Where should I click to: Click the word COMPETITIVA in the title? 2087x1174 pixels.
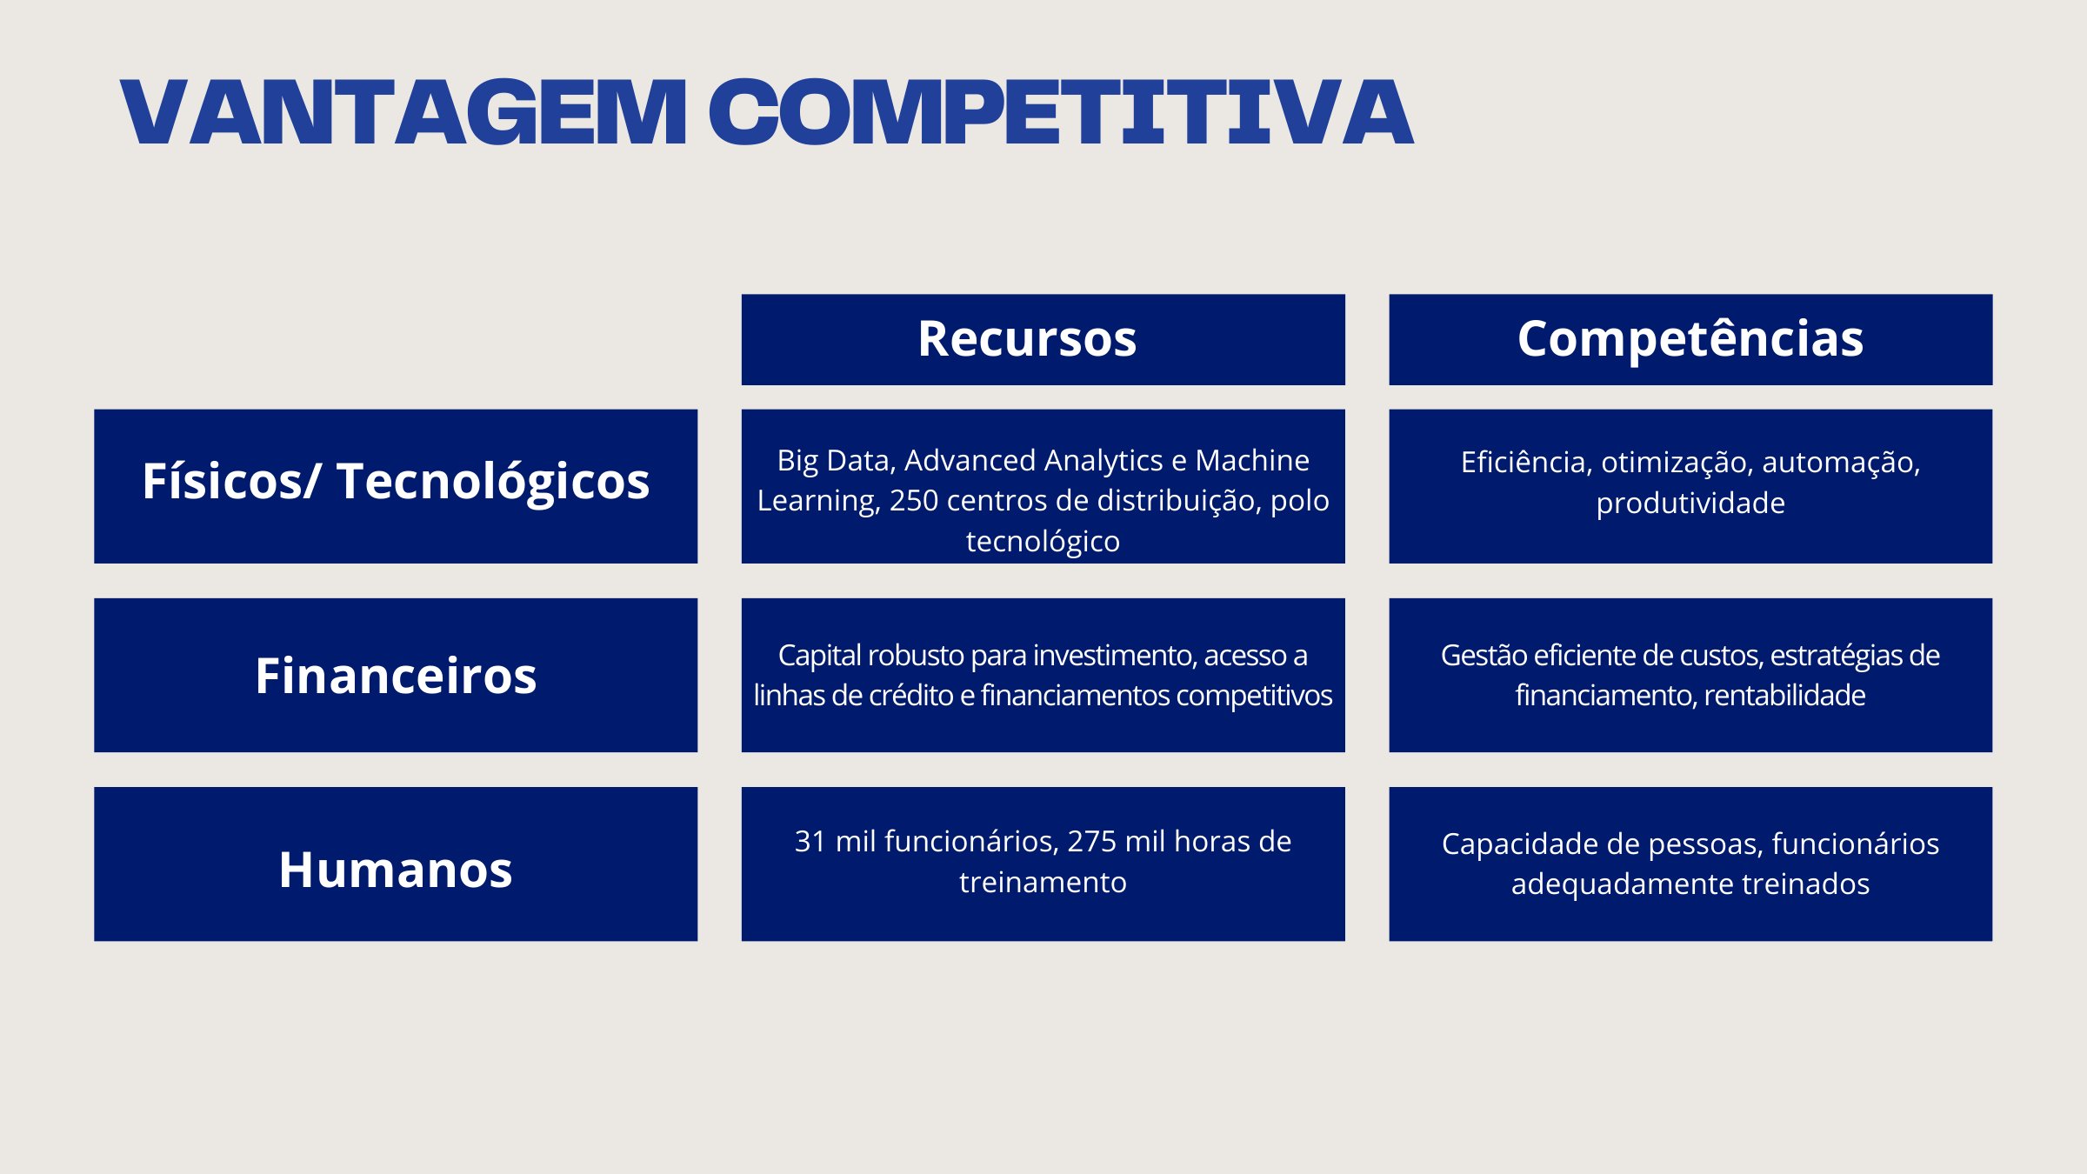pyautogui.click(x=1062, y=112)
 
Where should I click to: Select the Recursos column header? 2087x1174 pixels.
pyautogui.click(x=1027, y=338)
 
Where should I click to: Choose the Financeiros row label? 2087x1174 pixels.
pyautogui.click(x=396, y=676)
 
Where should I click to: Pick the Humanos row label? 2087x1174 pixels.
pyautogui.click(x=396, y=870)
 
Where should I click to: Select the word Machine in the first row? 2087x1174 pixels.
pyautogui.click(x=1252, y=460)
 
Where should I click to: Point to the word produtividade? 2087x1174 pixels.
pyautogui.click(x=1690, y=504)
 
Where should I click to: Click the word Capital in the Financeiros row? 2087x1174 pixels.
pyautogui.click(x=819, y=656)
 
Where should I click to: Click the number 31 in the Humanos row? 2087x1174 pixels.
pyautogui.click(x=810, y=842)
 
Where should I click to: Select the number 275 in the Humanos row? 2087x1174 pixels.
pyautogui.click(x=1091, y=842)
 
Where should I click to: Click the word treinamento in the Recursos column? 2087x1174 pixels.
pyautogui.click(x=1043, y=883)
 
